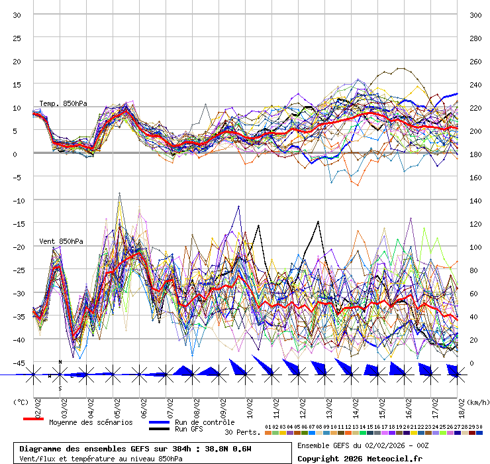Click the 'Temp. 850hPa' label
point(63,103)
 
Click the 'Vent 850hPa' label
point(61,241)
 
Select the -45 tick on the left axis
point(18,363)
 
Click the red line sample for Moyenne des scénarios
point(33,420)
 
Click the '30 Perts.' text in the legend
point(242,432)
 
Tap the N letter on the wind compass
point(60,362)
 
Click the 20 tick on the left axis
point(18,61)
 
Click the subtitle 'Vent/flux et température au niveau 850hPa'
point(101,458)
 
